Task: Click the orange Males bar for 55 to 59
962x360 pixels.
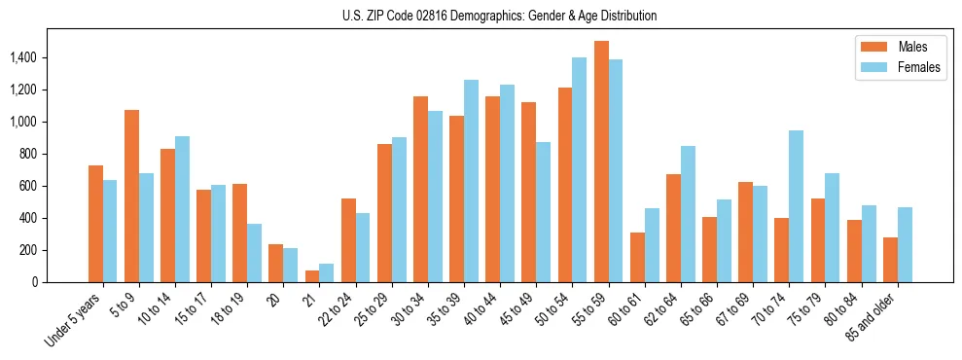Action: pos(601,162)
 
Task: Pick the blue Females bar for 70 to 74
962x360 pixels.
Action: pos(797,206)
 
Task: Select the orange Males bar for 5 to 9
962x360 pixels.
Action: pos(132,196)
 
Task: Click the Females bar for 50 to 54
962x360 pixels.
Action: pos(580,170)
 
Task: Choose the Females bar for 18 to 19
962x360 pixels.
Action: pos(255,253)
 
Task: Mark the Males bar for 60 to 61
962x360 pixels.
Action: pos(637,258)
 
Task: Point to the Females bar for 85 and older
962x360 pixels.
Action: pos(905,245)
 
